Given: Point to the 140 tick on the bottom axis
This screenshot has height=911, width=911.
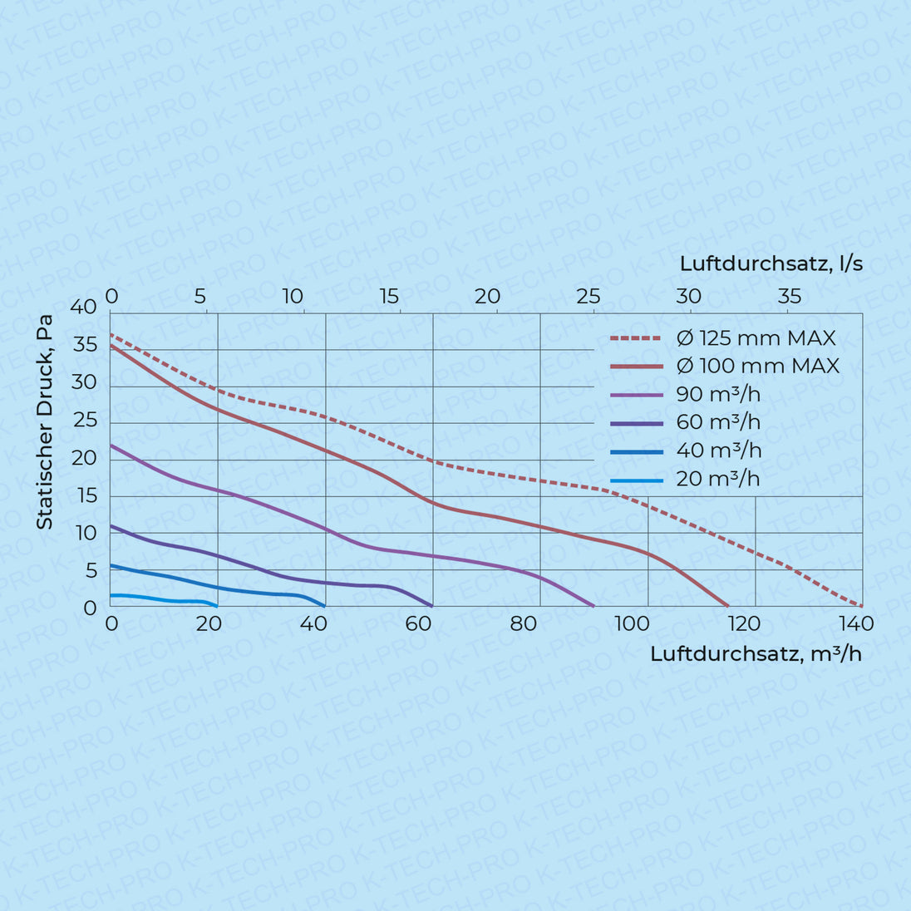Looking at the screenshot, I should click(856, 623).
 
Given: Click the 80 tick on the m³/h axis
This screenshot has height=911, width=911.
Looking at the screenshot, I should click(524, 623).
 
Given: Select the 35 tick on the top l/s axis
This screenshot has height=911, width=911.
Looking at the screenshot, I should click(790, 296).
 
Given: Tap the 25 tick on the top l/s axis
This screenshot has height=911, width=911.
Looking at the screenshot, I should click(588, 296).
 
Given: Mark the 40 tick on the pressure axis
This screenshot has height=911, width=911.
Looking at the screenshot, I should click(84, 307).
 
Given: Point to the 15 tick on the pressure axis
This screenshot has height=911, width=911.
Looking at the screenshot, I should click(86, 496).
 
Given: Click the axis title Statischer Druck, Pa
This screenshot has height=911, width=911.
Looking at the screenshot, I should click(45, 421).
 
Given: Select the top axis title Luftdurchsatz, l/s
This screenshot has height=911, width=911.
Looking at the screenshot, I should click(771, 264).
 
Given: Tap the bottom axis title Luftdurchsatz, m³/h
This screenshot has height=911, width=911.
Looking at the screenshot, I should click(756, 653).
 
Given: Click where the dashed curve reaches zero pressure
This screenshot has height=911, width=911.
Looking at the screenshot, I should click(861, 606).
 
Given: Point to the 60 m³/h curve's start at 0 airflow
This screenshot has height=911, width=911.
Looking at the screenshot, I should click(111, 525).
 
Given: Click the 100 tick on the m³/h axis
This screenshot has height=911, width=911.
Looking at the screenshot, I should click(632, 623).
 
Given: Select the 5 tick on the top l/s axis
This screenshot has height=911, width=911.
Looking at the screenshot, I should click(200, 296).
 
